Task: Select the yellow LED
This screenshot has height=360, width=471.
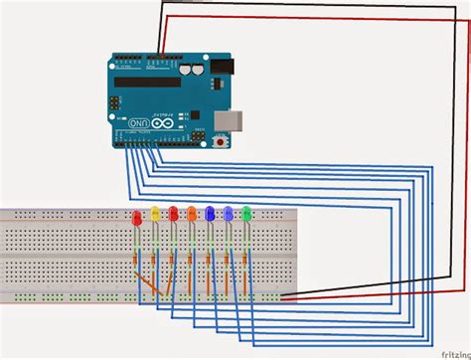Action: click(x=154, y=214)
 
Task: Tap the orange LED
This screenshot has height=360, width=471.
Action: click(x=191, y=214)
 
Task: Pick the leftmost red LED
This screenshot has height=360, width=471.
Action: click(x=136, y=215)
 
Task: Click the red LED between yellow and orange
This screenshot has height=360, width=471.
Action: click(x=173, y=214)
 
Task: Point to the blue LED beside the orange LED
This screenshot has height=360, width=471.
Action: click(x=209, y=214)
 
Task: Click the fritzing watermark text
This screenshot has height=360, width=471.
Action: click(x=448, y=350)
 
